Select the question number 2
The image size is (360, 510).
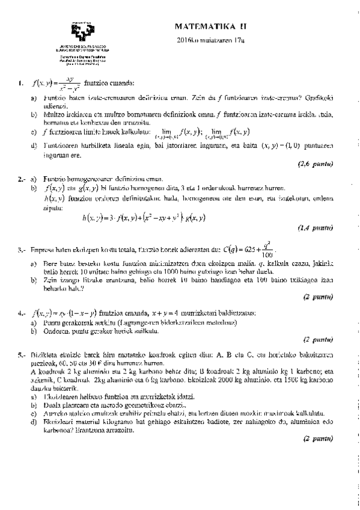click(x=22, y=179)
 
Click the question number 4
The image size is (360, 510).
click(x=22, y=313)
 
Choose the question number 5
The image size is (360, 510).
click(x=22, y=357)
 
